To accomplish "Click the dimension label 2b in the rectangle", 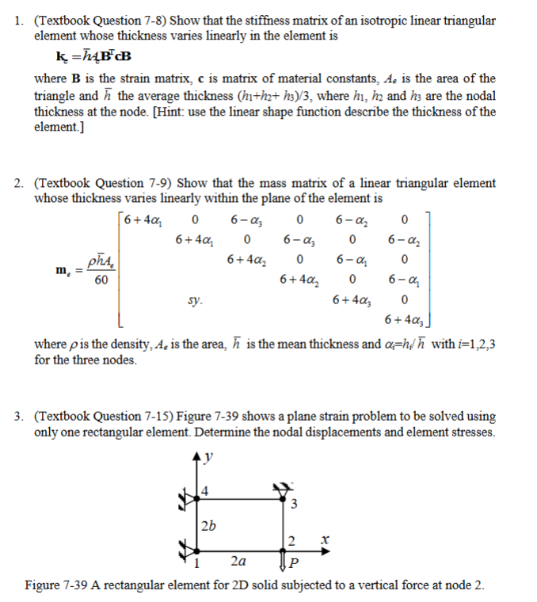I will pyautogui.click(x=208, y=525).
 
